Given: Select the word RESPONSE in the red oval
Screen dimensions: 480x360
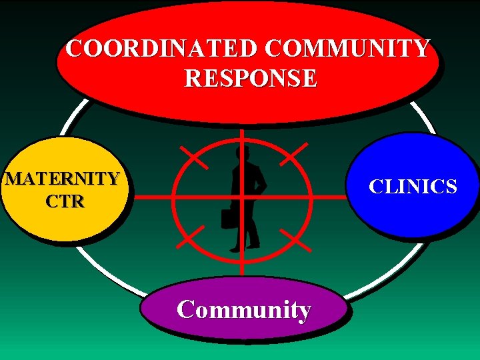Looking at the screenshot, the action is pyautogui.click(x=251, y=79).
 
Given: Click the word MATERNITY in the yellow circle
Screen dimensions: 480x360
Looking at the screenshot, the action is pyautogui.click(x=62, y=179).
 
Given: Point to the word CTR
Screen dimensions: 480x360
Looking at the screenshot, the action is pyautogui.click(x=65, y=201).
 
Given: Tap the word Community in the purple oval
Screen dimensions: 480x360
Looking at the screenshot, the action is pyautogui.click(x=244, y=310).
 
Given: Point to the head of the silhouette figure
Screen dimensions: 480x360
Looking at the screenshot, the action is pyautogui.click(x=241, y=153).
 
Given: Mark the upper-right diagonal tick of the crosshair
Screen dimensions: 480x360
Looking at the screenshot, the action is pyautogui.click(x=294, y=153).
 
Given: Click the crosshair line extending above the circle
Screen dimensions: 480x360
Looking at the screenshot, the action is pyautogui.click(x=241, y=133).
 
